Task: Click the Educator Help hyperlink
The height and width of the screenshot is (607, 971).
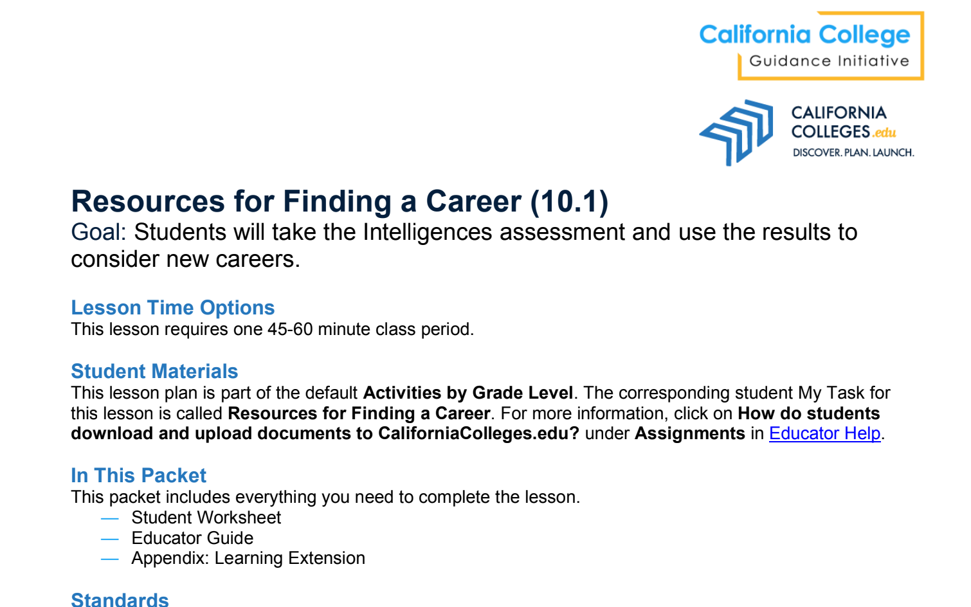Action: click(x=824, y=433)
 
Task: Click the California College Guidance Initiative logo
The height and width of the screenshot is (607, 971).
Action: click(x=812, y=46)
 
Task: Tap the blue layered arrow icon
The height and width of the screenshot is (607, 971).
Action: click(x=736, y=132)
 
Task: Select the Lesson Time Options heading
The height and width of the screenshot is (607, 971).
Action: click(x=172, y=308)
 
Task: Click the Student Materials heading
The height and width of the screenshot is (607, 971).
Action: click(x=154, y=371)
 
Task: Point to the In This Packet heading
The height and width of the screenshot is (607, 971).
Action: click(x=139, y=475)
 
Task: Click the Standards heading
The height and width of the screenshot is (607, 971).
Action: click(x=120, y=599)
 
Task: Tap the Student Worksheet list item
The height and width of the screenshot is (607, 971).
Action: click(x=206, y=518)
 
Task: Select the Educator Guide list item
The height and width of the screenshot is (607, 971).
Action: click(x=192, y=538)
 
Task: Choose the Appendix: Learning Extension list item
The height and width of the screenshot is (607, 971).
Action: click(x=248, y=558)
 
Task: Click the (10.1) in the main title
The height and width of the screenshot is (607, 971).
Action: click(x=569, y=202)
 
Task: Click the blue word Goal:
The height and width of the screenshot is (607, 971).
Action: click(x=98, y=232)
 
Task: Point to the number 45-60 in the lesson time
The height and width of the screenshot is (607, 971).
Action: click(x=290, y=329)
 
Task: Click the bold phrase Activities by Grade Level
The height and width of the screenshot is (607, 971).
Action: click(x=468, y=394)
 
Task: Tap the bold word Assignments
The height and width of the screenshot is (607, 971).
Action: click(x=690, y=433)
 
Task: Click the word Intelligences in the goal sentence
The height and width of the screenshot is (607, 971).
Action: click(x=428, y=232)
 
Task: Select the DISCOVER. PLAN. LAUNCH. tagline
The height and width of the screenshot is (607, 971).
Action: click(x=853, y=152)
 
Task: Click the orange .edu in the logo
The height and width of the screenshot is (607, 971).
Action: click(x=884, y=132)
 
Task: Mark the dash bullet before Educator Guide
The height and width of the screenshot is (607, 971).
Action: click(x=110, y=539)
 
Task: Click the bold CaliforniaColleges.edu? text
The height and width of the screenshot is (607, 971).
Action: click(x=478, y=433)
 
